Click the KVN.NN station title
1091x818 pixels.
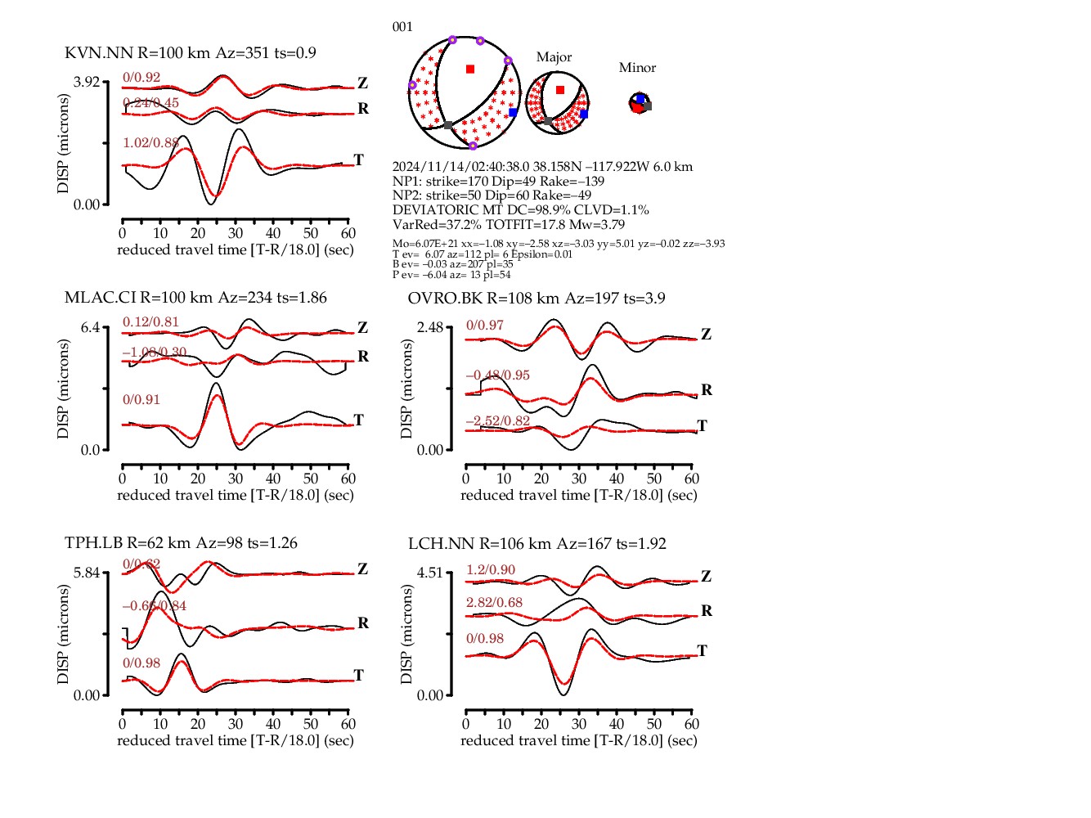pos(190,53)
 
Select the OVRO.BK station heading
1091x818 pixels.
pos(536,299)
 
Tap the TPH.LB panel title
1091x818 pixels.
pos(181,543)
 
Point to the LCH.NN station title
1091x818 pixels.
pos(537,544)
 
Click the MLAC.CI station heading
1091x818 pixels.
pos(195,298)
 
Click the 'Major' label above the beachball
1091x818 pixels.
pos(554,57)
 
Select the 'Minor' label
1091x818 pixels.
pos(637,68)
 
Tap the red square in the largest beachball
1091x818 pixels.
pos(470,70)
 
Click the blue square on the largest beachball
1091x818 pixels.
pos(513,113)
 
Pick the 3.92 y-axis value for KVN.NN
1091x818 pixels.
pos(86,82)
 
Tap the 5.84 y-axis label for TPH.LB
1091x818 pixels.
pos(86,573)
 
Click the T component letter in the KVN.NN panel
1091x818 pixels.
pos(358,160)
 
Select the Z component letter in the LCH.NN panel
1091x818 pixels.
pos(706,577)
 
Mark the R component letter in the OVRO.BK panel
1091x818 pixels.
pos(707,390)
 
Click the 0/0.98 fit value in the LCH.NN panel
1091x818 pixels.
pos(485,639)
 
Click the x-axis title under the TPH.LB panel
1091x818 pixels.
pos(236,740)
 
